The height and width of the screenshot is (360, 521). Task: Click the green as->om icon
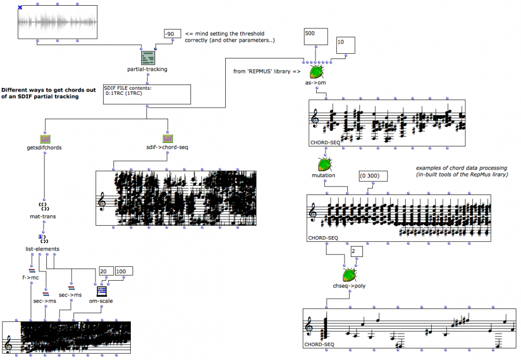317,72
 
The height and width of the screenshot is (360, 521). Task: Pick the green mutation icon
324,165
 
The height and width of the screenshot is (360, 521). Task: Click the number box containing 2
357,251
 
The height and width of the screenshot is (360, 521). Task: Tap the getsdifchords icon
45,139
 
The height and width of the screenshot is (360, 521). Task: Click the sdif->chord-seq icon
167,139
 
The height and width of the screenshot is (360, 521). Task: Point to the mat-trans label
44,216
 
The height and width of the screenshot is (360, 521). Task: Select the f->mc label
31,277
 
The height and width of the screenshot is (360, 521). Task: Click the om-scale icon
102,291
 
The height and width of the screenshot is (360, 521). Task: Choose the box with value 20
106,271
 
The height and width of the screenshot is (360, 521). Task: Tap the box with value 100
123,271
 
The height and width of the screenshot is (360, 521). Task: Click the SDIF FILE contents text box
147,93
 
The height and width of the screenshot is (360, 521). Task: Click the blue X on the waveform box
20,8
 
